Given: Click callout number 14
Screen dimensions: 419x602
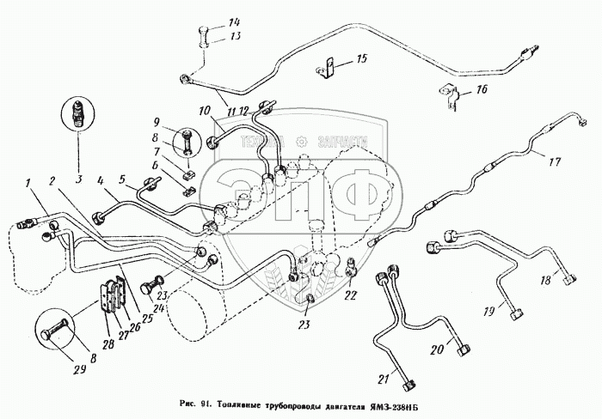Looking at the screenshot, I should click(209, 21).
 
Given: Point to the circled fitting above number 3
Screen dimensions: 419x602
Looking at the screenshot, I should click(77, 114).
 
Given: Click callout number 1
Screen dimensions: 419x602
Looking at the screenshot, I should click(28, 181).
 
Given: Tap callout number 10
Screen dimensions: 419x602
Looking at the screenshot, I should click(204, 112).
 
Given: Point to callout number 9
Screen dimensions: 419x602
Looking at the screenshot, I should click(157, 121).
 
